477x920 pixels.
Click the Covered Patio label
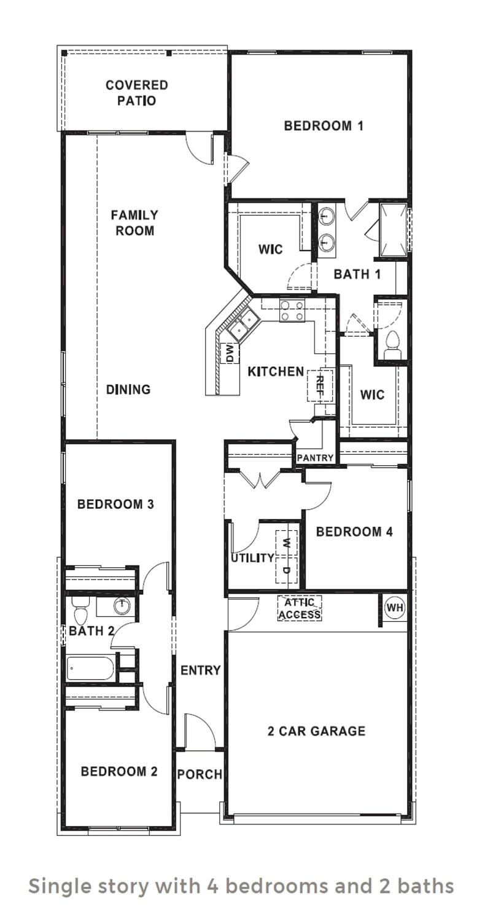(136, 93)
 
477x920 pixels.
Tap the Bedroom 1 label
(324, 126)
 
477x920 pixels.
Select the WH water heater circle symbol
(395, 608)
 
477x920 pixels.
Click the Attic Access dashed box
(300, 608)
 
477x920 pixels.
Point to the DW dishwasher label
(230, 353)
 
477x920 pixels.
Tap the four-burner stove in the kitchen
(292, 310)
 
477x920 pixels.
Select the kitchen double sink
(243, 324)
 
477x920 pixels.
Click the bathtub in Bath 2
(90, 668)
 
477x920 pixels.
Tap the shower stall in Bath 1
(392, 229)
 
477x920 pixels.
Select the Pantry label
(315, 458)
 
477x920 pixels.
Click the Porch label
(200, 774)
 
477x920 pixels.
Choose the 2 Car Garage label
(316, 731)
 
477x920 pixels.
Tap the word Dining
(128, 390)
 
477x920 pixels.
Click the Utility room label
(252, 558)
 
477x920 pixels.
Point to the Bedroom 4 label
(354, 532)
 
